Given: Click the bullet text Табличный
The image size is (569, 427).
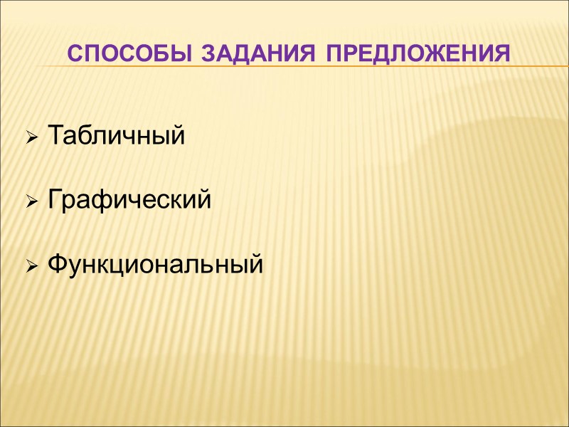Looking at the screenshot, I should [116, 135].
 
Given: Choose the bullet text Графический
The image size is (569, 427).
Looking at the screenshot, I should [129, 200].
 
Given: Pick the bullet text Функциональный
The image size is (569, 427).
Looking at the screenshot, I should [155, 265].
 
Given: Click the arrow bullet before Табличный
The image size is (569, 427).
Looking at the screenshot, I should [32, 137].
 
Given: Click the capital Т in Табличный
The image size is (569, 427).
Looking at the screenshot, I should [55, 135].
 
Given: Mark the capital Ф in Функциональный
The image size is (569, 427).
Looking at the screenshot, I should [57, 265].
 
